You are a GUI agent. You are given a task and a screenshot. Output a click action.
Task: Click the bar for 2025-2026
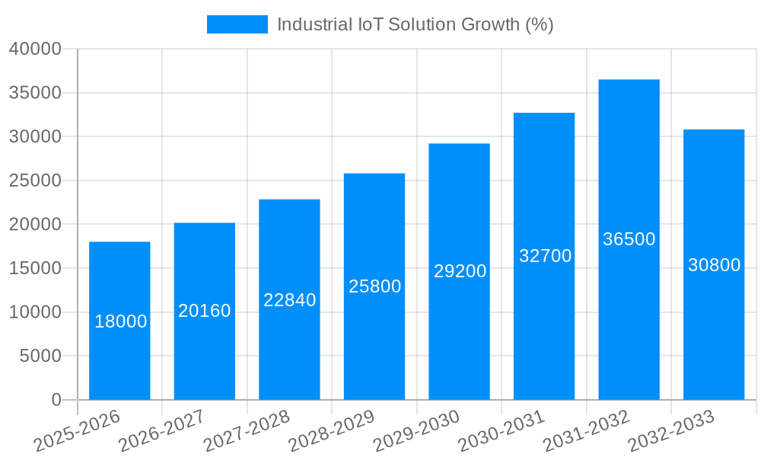tap(119, 321)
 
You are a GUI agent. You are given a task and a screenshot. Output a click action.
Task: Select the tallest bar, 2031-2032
tap(629, 239)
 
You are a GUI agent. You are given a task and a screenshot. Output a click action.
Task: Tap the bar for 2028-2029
tap(374, 286)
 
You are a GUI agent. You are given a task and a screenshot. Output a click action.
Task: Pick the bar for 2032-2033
tap(714, 264)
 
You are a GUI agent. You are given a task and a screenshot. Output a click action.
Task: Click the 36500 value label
tap(629, 239)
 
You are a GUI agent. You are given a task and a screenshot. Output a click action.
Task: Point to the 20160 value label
tap(204, 311)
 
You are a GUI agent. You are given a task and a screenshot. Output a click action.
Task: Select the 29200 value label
tap(460, 271)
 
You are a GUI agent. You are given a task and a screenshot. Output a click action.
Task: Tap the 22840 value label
tap(289, 300)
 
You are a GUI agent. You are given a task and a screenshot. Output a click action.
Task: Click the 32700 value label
tap(545, 256)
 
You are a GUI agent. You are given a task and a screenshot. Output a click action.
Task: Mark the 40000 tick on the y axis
tap(34, 49)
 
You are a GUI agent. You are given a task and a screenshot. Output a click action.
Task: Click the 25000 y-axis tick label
tap(34, 181)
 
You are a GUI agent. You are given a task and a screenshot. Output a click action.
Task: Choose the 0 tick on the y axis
tap(56, 400)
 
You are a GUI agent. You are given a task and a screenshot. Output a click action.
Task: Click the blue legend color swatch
tap(237, 24)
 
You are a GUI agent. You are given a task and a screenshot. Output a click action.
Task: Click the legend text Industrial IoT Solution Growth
tap(415, 24)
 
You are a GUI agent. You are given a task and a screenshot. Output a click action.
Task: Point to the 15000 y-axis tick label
tap(34, 268)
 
